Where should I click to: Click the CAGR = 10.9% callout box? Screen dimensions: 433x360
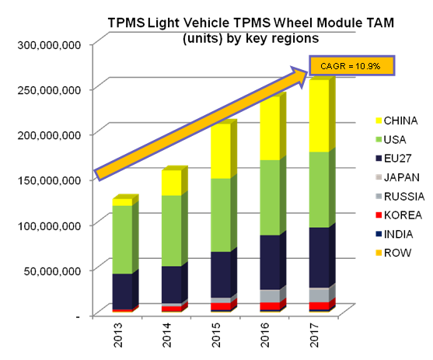[351, 66]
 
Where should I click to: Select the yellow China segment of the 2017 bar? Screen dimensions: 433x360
[319, 116]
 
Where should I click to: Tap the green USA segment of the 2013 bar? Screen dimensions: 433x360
[122, 239]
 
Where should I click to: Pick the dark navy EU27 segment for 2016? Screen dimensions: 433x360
[270, 263]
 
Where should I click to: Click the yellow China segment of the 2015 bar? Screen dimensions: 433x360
[221, 151]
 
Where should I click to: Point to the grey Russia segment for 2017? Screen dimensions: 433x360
[319, 295]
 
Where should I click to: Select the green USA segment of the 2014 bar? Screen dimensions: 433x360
[172, 231]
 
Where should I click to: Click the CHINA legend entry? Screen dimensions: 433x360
[396, 121]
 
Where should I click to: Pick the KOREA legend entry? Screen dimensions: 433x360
[399, 215]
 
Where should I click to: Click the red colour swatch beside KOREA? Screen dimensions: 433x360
[379, 215]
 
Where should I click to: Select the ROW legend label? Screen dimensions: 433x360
[398, 253]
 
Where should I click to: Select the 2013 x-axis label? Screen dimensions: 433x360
[118, 335]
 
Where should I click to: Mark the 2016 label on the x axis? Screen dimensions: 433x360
[265, 335]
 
